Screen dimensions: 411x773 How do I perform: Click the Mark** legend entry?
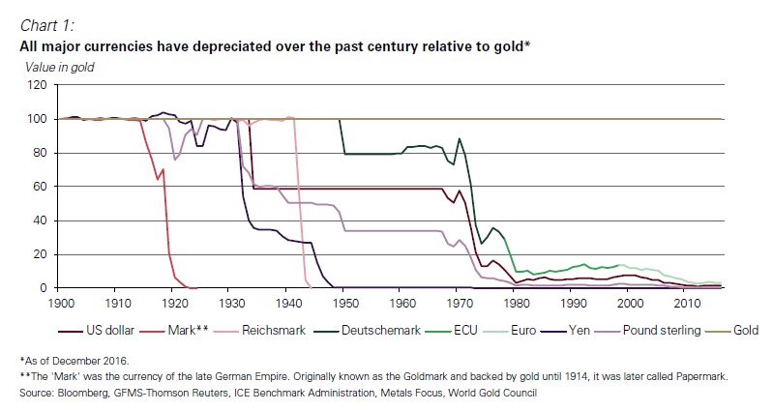point(188,330)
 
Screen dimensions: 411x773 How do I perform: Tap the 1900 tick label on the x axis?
point(58,303)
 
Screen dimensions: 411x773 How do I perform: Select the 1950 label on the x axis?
point(342,303)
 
